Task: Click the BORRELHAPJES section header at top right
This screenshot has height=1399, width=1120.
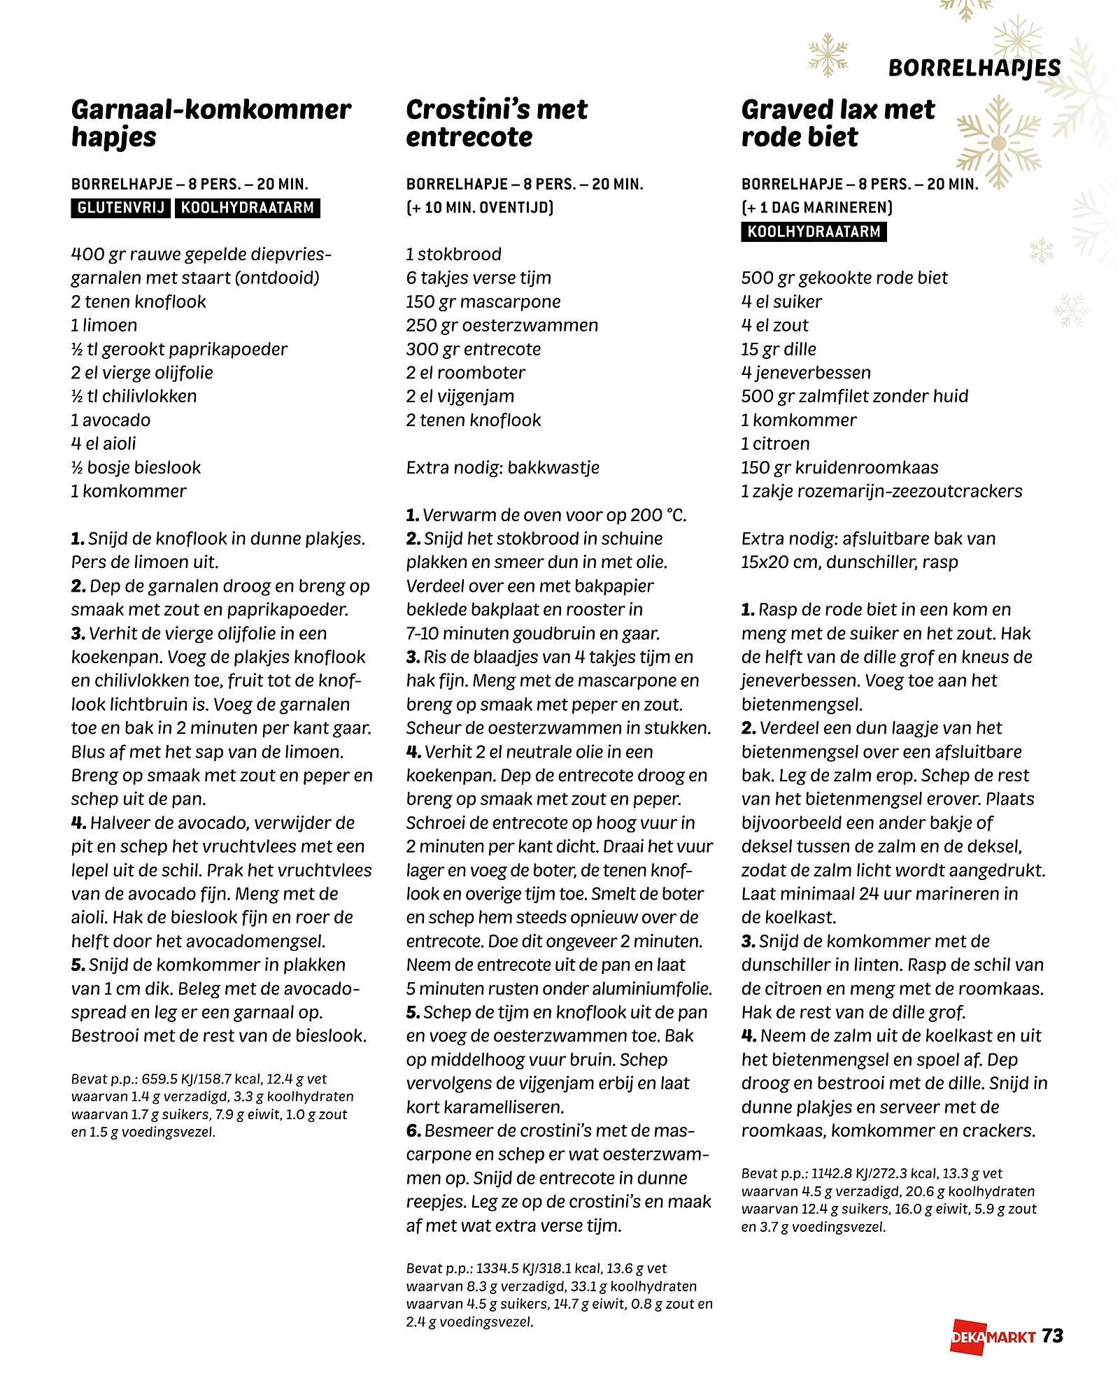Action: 974,68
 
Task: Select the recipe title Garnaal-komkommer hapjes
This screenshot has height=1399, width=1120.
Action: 211,123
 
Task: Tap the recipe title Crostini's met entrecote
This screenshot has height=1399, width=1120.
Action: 496,123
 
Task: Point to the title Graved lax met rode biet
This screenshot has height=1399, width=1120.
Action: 837,123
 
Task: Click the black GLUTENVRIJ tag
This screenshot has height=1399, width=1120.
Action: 120,208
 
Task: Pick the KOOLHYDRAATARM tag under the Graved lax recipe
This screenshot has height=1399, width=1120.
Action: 813,232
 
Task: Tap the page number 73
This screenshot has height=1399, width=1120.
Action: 1053,1336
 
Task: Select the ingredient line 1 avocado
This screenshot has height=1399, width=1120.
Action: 111,420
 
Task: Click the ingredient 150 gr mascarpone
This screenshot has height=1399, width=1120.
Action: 483,301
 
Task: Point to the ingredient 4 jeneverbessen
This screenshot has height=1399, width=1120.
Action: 806,373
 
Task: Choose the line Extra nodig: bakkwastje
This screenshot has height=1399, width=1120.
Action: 502,467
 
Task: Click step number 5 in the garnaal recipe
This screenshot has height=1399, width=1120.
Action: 78,965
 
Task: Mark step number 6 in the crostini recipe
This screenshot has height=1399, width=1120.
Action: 413,1131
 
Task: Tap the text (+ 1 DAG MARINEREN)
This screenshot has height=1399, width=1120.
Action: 816,207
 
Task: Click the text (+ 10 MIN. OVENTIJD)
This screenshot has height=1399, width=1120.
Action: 480,207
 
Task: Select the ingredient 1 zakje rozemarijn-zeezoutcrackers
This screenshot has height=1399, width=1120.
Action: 881,491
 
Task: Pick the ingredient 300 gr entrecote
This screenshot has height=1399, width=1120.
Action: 473,349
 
